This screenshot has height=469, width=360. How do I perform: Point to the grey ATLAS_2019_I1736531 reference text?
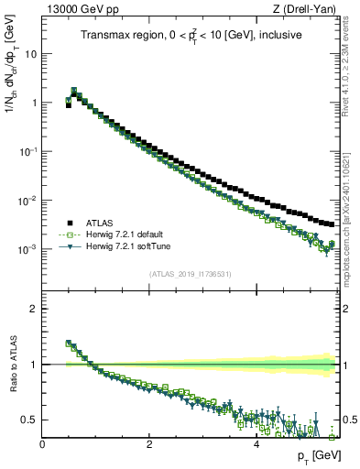[x=190, y=273]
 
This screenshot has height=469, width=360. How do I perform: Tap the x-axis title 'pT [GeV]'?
[x=312, y=456]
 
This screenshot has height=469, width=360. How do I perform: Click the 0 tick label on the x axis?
[x=42, y=445]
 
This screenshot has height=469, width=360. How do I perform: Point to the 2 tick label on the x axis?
[x=148, y=445]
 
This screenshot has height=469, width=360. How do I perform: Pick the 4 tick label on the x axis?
[x=255, y=445]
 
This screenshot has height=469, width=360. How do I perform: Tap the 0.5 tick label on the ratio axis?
[x=29, y=420]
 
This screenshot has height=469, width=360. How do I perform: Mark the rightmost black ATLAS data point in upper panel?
[x=332, y=224]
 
